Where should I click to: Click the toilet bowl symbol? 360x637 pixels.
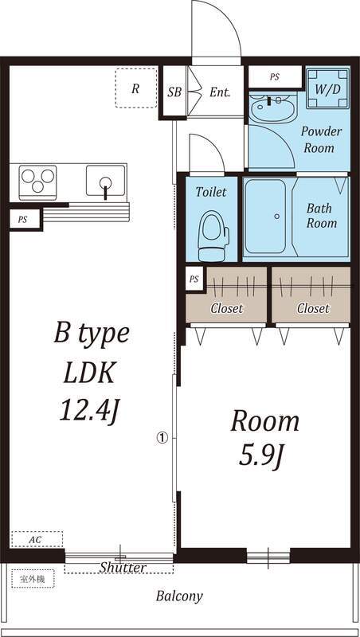213,236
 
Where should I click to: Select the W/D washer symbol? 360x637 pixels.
327,88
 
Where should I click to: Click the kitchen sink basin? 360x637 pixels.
106,180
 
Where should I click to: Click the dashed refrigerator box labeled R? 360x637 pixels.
136,88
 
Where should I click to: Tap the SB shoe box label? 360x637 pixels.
174,92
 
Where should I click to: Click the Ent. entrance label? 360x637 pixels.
220,92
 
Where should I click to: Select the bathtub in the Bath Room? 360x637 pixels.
266,217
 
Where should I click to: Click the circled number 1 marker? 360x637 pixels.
162,437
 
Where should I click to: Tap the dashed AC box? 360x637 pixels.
37,539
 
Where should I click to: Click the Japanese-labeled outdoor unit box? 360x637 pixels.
33,579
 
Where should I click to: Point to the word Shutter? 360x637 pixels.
123,567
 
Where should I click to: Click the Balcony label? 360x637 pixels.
179,596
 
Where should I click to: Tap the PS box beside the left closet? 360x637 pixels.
194,279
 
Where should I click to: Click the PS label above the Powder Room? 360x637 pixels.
275,76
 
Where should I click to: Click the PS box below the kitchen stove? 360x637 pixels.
23,220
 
